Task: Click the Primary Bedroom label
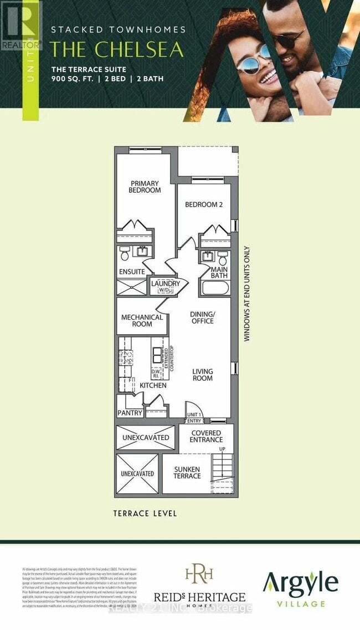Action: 145,187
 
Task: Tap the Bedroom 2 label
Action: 203,204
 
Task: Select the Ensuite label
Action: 132,272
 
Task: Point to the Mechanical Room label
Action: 142,321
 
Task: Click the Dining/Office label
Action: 202,317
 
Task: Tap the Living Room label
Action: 203,375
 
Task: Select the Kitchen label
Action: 153,385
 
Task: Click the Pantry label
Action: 130,413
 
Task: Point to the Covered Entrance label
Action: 206,437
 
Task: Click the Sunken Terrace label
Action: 187,473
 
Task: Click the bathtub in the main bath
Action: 215,288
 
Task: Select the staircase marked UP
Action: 222,471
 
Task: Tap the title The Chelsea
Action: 117,49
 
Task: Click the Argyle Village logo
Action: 300,588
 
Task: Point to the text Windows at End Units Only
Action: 247,294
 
